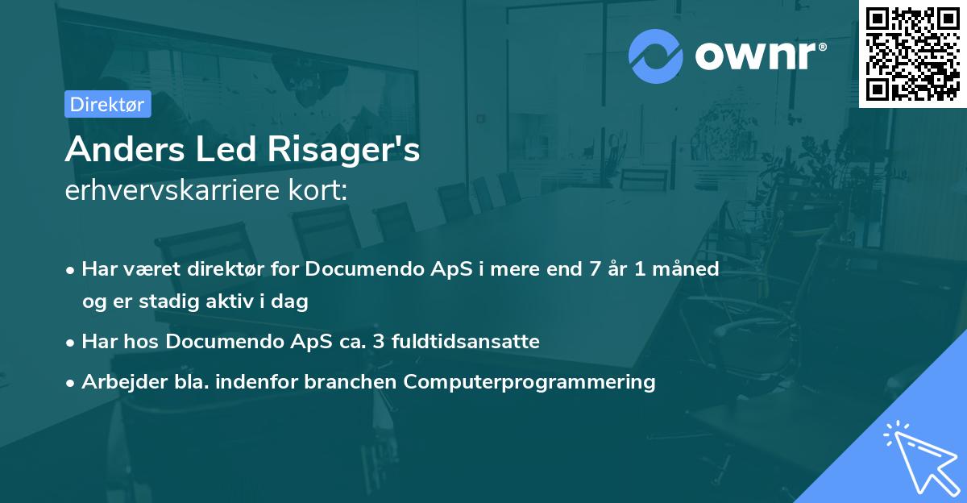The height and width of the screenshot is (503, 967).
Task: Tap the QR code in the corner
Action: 912,53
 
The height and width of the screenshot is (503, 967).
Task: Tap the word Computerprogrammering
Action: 529,381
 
